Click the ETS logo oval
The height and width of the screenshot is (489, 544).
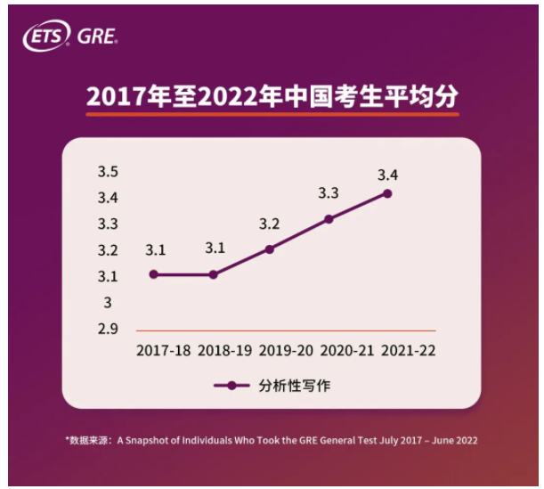(x=47, y=37)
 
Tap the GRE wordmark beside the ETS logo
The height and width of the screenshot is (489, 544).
(x=97, y=37)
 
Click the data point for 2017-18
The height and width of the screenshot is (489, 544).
(x=153, y=274)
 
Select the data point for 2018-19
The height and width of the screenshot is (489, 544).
(x=214, y=274)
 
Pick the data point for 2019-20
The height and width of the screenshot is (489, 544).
(x=270, y=249)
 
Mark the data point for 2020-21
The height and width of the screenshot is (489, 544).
(x=329, y=218)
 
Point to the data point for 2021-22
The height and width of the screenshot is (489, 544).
(x=387, y=192)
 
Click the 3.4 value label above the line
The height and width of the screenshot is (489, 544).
(x=387, y=173)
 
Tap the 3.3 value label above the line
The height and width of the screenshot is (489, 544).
(x=329, y=192)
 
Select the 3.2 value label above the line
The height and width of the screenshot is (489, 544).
(x=270, y=223)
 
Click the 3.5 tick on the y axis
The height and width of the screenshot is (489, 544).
(x=109, y=172)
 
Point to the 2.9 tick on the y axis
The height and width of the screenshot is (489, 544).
(x=109, y=330)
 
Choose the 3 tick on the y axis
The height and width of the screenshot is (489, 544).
(x=109, y=303)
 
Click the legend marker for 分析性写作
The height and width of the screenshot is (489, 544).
(x=231, y=386)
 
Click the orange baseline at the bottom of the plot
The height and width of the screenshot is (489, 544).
(x=285, y=330)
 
